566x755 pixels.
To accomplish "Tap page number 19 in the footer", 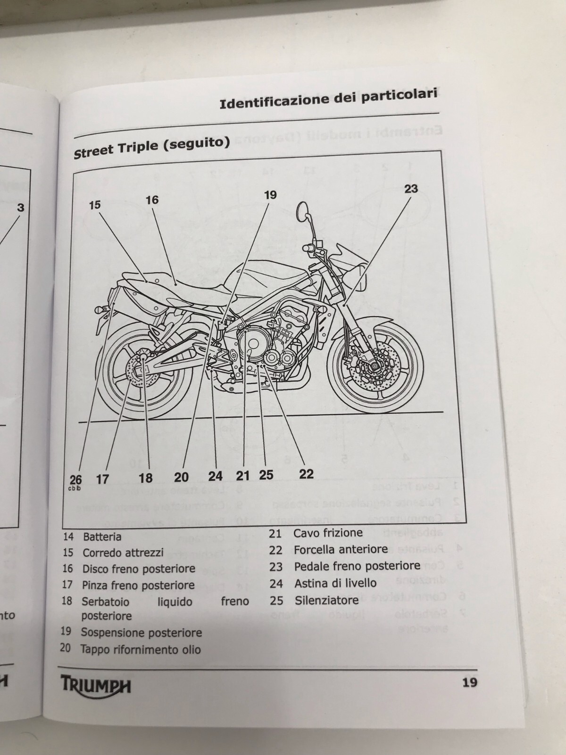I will pos(469,682).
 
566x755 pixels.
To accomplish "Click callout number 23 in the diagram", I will pos(411,189).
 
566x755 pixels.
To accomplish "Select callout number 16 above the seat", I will pos(152,200).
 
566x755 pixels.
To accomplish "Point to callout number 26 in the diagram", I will pos(75,480).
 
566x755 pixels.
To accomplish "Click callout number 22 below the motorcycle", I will pos(306,473).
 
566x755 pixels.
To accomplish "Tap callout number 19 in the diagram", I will pos(270,195).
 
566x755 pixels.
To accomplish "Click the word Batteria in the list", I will pos(102,537).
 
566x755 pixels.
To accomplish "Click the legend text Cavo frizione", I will pos(328,533).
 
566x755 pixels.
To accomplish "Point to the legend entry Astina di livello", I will pos(335,583).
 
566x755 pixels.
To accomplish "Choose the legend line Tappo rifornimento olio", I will pos(141,649).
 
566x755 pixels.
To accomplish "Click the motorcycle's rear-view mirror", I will pos(304,211).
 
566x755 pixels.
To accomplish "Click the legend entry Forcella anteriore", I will pos(341,549).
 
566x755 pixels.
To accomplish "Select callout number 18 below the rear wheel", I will pos(146,478).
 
